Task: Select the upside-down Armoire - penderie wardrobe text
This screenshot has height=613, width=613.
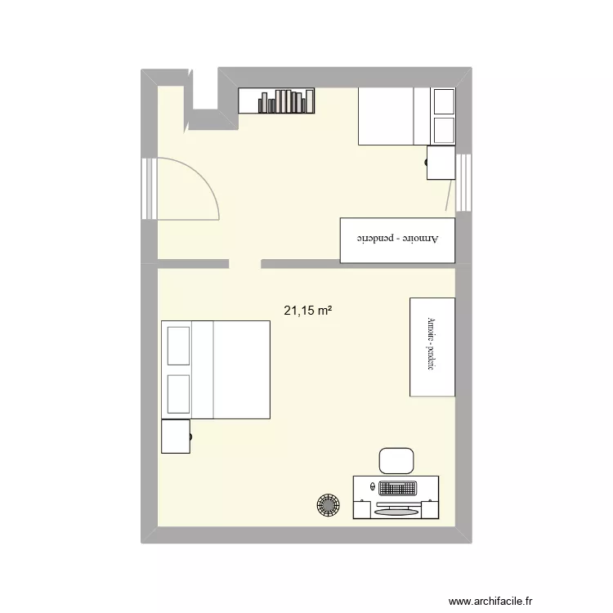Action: (x=396, y=240)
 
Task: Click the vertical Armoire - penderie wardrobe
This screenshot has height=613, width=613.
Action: (x=432, y=347)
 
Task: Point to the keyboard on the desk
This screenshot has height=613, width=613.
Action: (x=397, y=488)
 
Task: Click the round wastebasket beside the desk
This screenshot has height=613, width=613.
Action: (x=329, y=505)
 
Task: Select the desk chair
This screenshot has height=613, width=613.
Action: (x=396, y=460)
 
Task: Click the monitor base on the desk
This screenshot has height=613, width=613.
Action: (x=396, y=512)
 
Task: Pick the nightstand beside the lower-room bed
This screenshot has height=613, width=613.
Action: (x=176, y=436)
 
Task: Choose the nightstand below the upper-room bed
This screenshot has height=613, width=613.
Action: (x=441, y=162)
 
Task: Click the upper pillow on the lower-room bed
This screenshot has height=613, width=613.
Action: (x=178, y=346)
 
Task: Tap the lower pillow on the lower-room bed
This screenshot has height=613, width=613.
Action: (x=178, y=394)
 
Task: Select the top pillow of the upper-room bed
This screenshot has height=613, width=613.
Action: (x=444, y=102)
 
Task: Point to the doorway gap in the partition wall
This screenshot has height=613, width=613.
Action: (x=244, y=263)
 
